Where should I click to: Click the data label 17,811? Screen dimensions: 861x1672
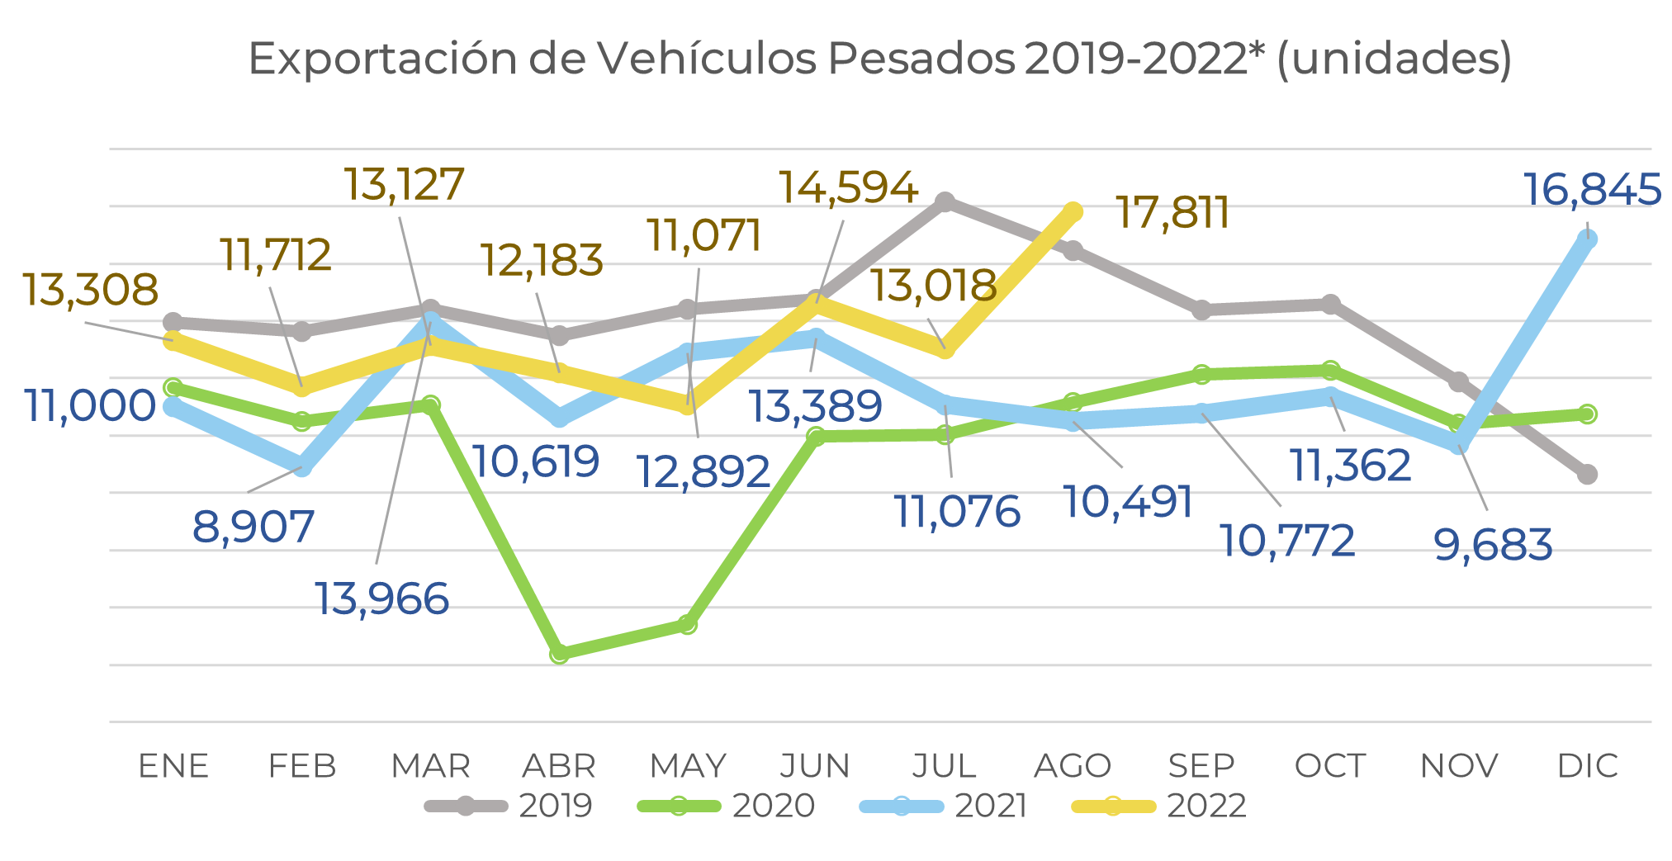pyautogui.click(x=1172, y=213)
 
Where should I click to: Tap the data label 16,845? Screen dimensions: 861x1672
pyautogui.click(x=1591, y=190)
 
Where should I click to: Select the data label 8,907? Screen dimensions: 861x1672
pyautogui.click(x=253, y=527)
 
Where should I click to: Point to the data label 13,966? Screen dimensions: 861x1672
pyautogui.click(x=382, y=598)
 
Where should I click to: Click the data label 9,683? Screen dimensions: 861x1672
pyautogui.click(x=1493, y=545)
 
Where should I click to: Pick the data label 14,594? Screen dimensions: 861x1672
pyautogui.click(x=848, y=187)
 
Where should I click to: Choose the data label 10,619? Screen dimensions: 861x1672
pyautogui.click(x=536, y=461)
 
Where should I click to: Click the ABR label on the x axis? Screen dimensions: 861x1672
pyautogui.click(x=559, y=766)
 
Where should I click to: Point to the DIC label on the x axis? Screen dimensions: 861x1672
pyautogui.click(x=1587, y=766)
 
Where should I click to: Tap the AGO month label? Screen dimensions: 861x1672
pyautogui.click(x=1073, y=766)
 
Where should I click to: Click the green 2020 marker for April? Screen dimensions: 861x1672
pyautogui.click(x=560, y=654)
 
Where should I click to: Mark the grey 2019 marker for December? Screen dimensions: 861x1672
pyautogui.click(x=1587, y=474)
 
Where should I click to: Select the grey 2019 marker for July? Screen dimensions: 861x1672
pyautogui.click(x=945, y=202)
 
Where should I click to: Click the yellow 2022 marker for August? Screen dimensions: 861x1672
pyautogui.click(x=1073, y=212)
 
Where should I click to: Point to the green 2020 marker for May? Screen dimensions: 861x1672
pyautogui.click(x=688, y=624)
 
